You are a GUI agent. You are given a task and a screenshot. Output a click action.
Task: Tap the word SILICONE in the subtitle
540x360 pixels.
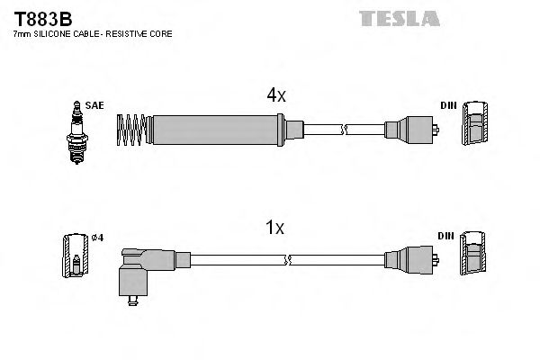(57, 33)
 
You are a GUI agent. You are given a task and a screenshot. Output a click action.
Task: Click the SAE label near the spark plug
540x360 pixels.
(95, 105)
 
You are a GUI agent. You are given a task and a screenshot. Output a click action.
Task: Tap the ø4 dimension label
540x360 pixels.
(98, 238)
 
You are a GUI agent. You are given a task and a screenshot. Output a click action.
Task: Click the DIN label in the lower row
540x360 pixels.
(447, 236)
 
